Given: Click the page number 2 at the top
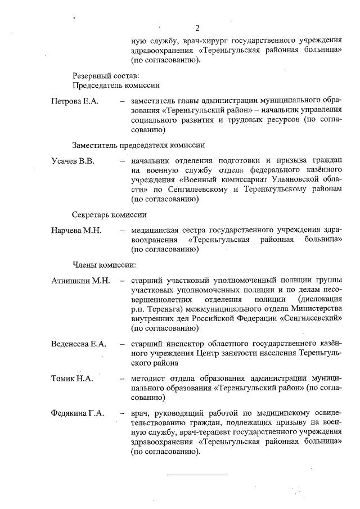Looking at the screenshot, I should (197, 28).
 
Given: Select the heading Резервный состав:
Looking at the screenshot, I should (106, 75).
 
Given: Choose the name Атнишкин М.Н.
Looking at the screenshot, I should (80, 281).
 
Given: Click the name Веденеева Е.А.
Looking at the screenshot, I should (78, 344).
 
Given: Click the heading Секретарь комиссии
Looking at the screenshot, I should (109, 215).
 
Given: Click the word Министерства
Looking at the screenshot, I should (312, 308).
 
